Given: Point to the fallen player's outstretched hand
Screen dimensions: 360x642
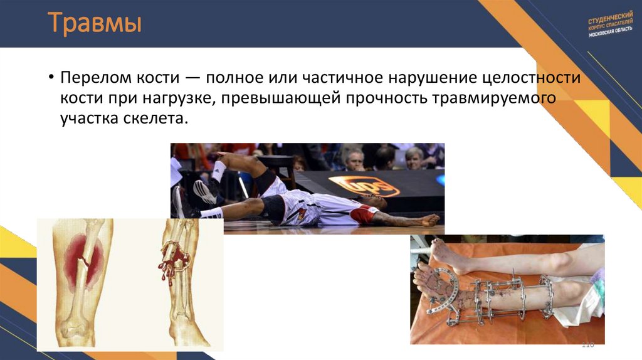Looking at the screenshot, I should click(429, 220).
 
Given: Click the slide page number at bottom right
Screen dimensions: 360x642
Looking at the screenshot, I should click(587, 344).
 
